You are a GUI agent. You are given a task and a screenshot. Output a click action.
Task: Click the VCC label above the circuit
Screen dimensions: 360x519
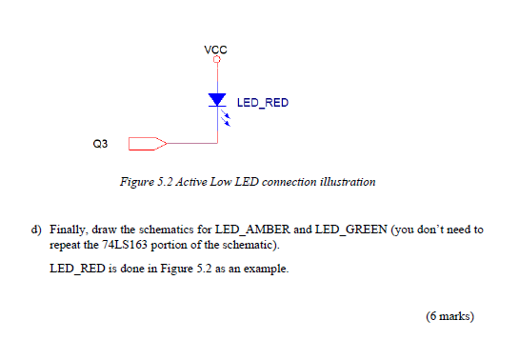216,49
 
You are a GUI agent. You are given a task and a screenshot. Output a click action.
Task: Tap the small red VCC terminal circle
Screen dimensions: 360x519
217,60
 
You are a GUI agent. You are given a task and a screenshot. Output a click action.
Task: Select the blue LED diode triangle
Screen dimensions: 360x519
217,100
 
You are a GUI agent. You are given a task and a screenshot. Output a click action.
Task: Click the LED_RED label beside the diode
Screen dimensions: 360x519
262,102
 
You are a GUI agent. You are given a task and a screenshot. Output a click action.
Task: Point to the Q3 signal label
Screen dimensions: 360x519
101,144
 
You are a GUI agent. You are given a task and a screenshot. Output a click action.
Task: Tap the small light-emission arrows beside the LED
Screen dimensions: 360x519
227,119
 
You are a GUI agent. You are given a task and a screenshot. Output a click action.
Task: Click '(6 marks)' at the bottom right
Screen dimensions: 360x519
450,316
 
